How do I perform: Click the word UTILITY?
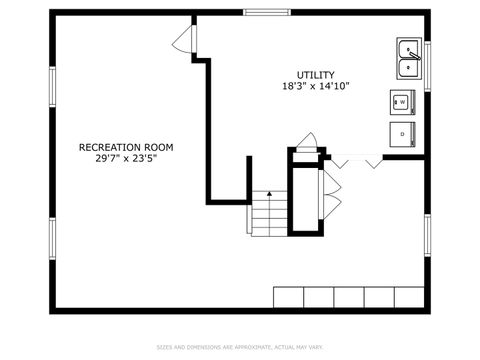point(315,75)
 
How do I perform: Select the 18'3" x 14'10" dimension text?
point(315,87)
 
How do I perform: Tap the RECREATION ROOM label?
point(126,147)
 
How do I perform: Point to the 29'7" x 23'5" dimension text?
point(126,158)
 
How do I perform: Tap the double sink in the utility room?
point(409,58)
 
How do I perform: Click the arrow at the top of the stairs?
point(268,195)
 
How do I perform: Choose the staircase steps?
point(268,214)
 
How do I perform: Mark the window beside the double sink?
point(427,66)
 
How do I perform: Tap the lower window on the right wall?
point(427,235)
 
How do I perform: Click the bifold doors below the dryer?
point(357,160)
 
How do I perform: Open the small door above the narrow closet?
point(308,142)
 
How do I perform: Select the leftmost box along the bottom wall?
point(289,297)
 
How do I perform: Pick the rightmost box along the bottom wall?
point(409,297)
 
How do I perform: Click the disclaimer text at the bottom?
point(240,347)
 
